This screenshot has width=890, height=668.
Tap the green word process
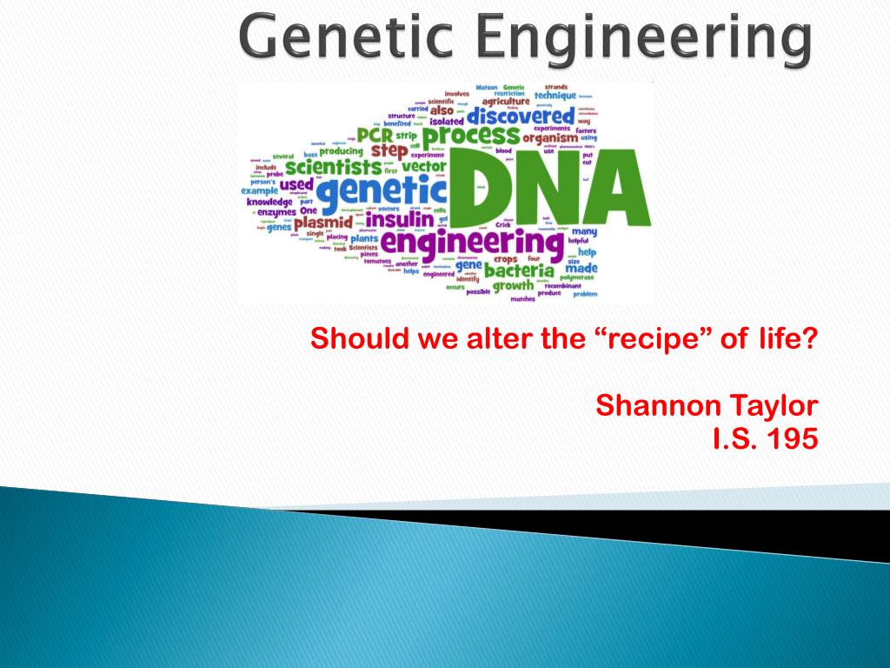pyautogui.click(x=472, y=137)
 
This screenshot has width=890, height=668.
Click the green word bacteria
pyautogui.click(x=520, y=271)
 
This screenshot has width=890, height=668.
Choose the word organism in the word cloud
pyautogui.click(x=550, y=137)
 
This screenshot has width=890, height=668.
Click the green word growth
pyautogui.click(x=514, y=285)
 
